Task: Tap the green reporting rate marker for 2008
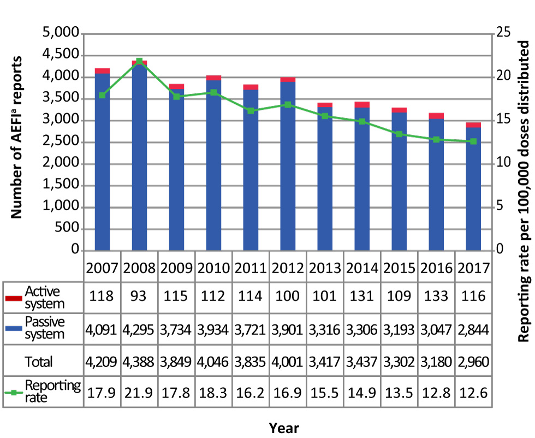tap(139, 61)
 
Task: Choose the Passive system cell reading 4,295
tap(139, 330)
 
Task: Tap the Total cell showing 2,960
tap(473, 361)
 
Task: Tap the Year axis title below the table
tap(284, 427)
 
